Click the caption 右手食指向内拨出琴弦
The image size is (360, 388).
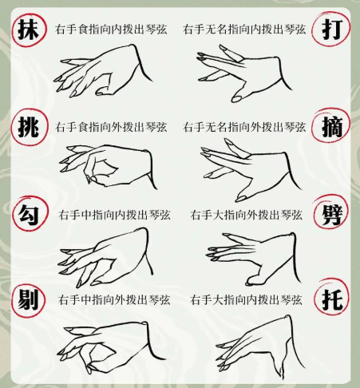pyautogui.click(x=111, y=30)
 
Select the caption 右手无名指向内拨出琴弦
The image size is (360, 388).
pyautogui.click(x=243, y=30)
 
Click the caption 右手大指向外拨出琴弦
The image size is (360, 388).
pyautogui.click(x=246, y=215)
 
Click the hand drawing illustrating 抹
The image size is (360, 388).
pyautogui.click(x=104, y=72)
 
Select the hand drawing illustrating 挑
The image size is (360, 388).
pyautogui.click(x=100, y=166)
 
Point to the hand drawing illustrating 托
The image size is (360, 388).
pyautogui.click(x=255, y=343)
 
